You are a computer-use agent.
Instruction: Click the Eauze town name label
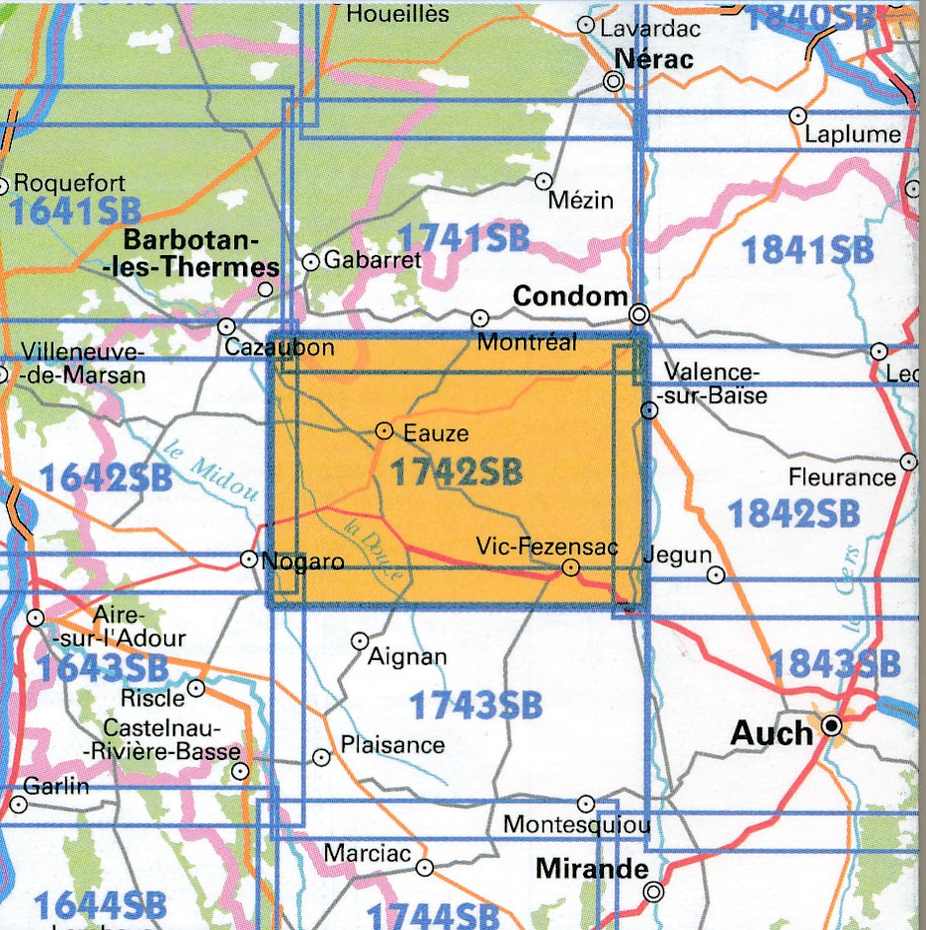click(x=436, y=432)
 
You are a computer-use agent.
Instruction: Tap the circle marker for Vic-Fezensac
click(x=570, y=567)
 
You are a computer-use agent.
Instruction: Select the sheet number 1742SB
click(x=456, y=473)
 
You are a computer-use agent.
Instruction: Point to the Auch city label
click(x=771, y=732)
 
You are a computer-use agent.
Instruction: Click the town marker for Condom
click(x=639, y=315)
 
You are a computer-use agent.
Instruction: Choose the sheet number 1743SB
click(x=475, y=706)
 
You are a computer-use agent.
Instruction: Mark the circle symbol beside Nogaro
click(x=249, y=559)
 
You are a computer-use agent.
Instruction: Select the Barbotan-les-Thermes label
click(x=204, y=254)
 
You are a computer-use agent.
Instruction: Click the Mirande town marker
click(x=652, y=891)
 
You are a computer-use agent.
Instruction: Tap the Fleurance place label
click(x=842, y=477)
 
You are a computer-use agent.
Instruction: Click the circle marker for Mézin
click(x=544, y=181)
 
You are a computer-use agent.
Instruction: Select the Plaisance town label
click(x=392, y=745)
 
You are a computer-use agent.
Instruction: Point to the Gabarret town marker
click(x=310, y=262)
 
